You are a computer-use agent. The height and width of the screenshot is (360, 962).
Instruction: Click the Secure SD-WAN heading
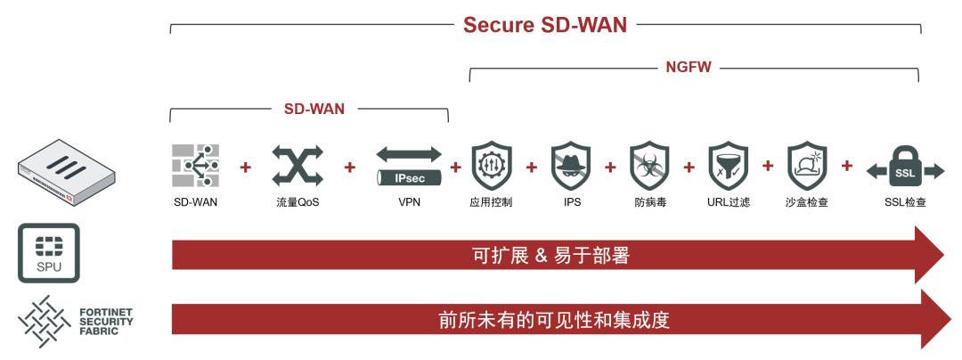coord(544,25)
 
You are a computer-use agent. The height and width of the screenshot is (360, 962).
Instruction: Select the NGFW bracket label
coord(689,67)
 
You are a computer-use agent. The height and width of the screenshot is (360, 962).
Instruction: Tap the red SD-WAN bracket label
coord(314,109)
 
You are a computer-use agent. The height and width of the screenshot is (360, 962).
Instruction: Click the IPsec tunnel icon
coord(409,166)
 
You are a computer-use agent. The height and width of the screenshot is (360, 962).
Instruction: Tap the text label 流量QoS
coord(298,202)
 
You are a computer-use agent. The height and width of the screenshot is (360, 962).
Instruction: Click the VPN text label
coord(410,202)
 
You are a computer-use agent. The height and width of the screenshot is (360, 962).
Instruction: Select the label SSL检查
coord(905,202)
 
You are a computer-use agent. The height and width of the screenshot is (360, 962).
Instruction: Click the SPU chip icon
coord(49,253)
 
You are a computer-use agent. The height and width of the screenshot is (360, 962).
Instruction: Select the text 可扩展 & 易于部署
coord(550,256)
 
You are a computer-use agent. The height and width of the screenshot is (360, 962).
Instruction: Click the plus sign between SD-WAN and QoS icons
coord(246,167)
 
